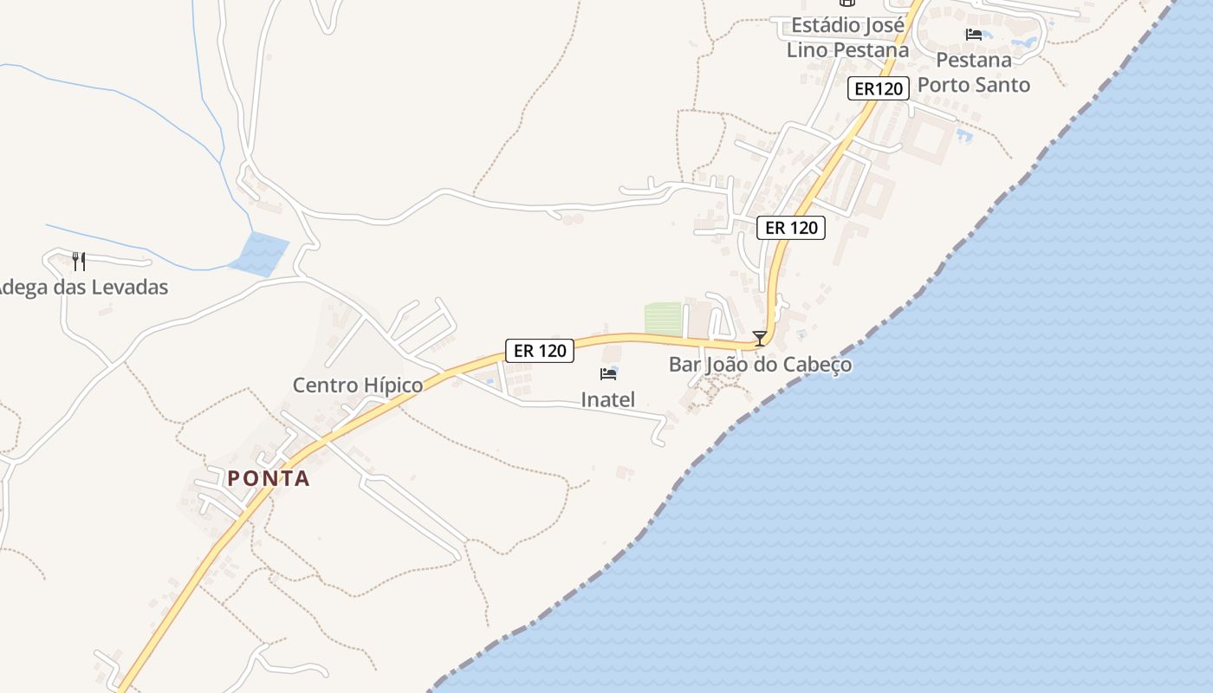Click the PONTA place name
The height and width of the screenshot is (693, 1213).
pos(269,478)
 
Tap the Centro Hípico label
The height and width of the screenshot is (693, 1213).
pos(358,385)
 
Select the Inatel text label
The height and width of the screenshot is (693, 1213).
pos(607,399)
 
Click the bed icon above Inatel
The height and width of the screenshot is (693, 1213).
pos(608,374)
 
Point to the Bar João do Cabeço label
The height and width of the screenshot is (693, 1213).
pos(760,365)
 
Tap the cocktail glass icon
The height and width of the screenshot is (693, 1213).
pos(760,338)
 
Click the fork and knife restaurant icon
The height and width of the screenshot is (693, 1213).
pos(78,261)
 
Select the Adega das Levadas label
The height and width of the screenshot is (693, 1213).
pos(83,287)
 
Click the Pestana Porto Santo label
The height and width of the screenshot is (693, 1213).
pos(974,73)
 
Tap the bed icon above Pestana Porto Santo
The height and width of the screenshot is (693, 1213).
pos(974,35)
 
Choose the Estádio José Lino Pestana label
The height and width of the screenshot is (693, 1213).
pos(847,37)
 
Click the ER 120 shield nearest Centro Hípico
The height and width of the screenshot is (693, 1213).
pos(540,350)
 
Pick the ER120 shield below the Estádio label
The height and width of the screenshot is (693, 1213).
pos(879,87)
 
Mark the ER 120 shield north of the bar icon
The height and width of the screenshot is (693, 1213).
pos(791,228)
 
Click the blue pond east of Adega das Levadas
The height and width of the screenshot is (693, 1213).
pos(259,254)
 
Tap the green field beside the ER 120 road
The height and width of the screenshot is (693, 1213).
pos(664,319)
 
